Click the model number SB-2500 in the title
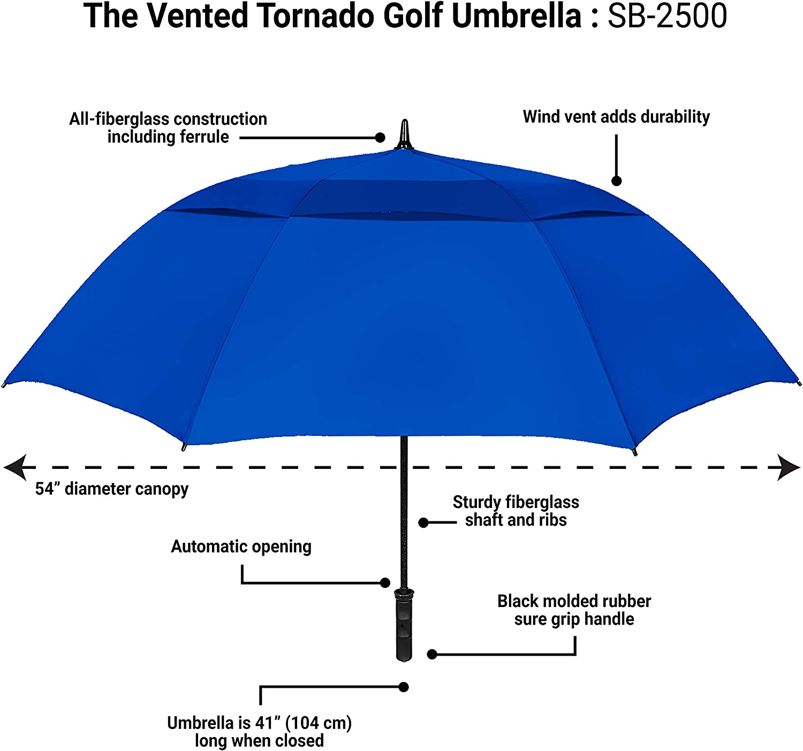(x=667, y=16)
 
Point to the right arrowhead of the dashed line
(x=789, y=467)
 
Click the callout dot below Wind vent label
(x=616, y=181)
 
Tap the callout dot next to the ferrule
(x=380, y=138)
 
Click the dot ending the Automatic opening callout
(x=385, y=583)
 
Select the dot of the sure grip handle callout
(x=432, y=654)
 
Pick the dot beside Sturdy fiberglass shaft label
(x=423, y=522)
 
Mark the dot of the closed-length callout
(x=404, y=687)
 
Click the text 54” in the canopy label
(x=47, y=489)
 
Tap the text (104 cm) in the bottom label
(x=318, y=723)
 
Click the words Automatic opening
(x=241, y=547)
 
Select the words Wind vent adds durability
(x=616, y=117)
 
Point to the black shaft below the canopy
(x=404, y=509)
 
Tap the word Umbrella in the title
(x=516, y=16)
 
